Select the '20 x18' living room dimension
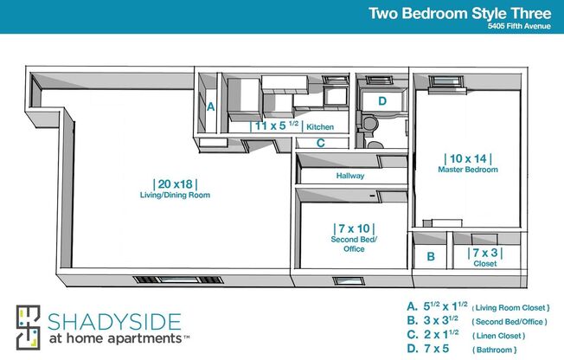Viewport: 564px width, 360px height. (x=176, y=183)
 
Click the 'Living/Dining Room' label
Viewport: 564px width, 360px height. (x=176, y=196)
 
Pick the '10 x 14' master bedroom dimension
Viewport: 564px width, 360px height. (x=468, y=158)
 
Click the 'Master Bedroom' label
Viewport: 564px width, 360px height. (x=468, y=170)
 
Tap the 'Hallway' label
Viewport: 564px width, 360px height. (x=350, y=176)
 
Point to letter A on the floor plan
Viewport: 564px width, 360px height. (x=210, y=107)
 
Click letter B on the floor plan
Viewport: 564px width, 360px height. (x=430, y=256)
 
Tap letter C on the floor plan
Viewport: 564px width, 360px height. (x=320, y=144)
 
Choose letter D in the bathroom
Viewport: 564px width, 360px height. (x=381, y=101)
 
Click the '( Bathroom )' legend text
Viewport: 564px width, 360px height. (x=495, y=350)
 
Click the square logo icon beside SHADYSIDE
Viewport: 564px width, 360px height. (x=29, y=327)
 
